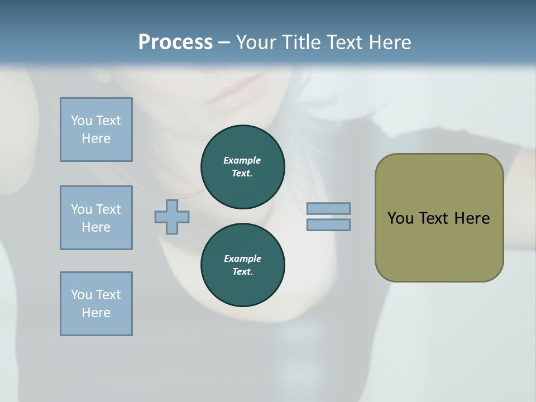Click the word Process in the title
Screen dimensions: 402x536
click(175, 42)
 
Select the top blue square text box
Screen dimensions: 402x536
click(96, 130)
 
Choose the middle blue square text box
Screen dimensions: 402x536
click(96, 218)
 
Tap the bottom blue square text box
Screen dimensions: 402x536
click(96, 304)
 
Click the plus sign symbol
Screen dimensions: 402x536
click(172, 217)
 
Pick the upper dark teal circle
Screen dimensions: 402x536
click(242, 167)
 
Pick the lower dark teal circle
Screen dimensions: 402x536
click(242, 265)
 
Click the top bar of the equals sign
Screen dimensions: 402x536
click(328, 208)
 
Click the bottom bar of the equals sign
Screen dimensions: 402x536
click(328, 225)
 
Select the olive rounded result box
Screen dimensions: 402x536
click(439, 218)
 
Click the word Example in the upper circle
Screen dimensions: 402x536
click(242, 160)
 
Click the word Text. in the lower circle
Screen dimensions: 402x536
click(242, 272)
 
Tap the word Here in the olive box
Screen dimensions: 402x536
click(472, 218)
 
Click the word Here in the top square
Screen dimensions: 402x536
click(96, 138)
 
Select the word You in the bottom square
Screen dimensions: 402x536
click(82, 295)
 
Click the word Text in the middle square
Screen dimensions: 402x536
click(108, 209)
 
